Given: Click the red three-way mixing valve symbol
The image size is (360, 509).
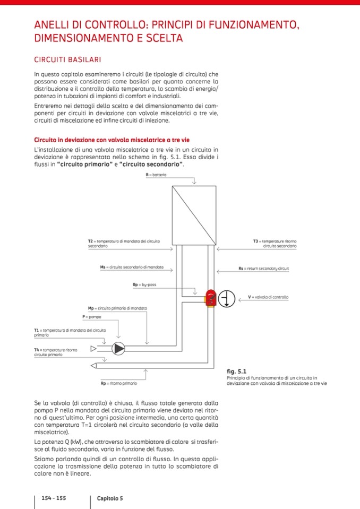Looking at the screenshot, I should [x=211, y=298].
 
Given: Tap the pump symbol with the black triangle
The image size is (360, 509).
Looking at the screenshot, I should [x=118, y=348].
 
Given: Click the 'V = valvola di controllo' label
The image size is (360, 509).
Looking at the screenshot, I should [x=268, y=297].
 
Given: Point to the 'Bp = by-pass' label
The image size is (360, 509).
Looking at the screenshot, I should [x=144, y=284].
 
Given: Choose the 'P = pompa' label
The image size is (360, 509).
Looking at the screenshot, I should [x=92, y=316].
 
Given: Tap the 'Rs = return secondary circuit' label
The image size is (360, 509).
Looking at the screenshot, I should [x=263, y=269].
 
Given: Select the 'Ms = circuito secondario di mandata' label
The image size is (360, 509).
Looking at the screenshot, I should [x=132, y=266].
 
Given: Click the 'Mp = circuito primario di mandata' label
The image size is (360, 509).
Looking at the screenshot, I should [x=117, y=308].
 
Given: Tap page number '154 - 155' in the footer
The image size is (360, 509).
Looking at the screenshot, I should [x=54, y=498].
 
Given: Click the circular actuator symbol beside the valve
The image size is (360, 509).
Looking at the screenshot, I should [x=227, y=298].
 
